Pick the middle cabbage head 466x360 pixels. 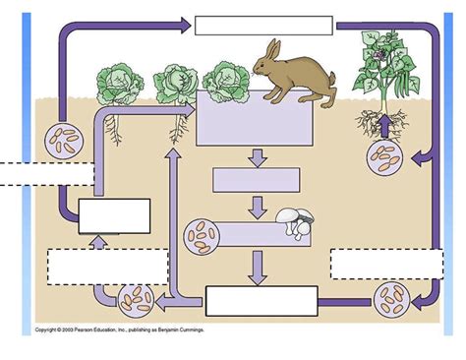click(177, 84)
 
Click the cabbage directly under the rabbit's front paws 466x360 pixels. click(228, 80)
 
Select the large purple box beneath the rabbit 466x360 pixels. click(257, 118)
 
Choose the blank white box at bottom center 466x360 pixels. click(261, 300)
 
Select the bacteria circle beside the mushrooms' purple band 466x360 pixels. click(203, 236)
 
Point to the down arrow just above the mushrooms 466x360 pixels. click(258, 207)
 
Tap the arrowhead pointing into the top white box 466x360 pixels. click(185, 25)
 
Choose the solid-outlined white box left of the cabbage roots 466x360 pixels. click(114, 215)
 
